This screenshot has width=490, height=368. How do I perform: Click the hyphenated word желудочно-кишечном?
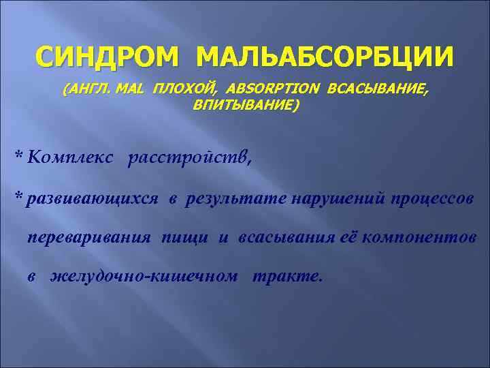144,277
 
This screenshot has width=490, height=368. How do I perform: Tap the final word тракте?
286,277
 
